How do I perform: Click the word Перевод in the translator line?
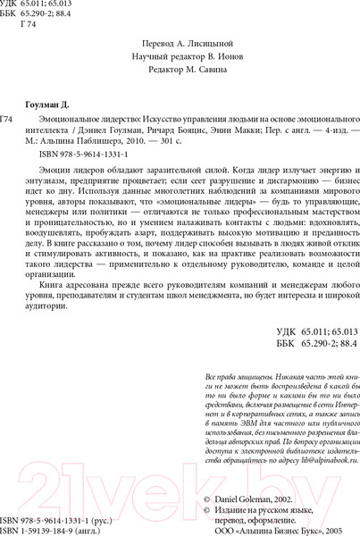(160, 42)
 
